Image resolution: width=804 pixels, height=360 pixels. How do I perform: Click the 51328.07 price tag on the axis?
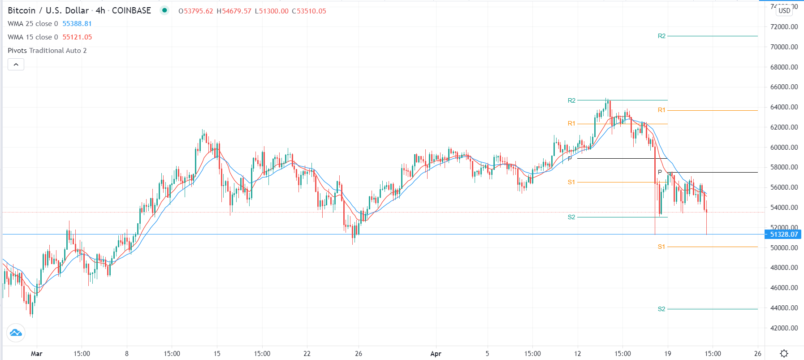(x=783, y=234)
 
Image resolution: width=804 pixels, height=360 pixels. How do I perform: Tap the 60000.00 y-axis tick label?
(x=784, y=147)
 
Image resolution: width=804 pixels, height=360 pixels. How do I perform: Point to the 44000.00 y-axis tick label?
(x=784, y=308)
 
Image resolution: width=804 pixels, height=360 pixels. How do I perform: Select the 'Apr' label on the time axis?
(x=436, y=353)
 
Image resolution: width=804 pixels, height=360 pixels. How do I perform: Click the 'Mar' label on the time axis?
(x=37, y=353)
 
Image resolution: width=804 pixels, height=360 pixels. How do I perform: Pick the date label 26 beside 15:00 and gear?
(x=757, y=353)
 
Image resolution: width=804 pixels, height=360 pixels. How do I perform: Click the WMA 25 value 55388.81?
(x=77, y=24)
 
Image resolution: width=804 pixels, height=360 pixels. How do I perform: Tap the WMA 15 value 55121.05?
(x=77, y=37)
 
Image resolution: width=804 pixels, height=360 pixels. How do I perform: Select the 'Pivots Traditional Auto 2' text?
(x=47, y=51)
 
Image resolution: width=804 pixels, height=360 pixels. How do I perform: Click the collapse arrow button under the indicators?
(x=16, y=65)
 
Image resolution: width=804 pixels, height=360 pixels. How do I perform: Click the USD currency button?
(x=784, y=10)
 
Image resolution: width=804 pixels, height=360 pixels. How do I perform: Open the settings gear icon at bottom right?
(x=784, y=353)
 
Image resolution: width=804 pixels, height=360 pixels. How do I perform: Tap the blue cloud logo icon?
(x=16, y=333)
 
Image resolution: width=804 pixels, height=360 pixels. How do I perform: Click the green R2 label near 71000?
(x=661, y=36)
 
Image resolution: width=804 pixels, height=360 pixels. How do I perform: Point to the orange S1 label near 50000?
(x=661, y=247)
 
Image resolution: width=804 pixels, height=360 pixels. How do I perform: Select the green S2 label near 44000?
(x=661, y=309)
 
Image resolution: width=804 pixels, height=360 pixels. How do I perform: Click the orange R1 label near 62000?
(x=571, y=123)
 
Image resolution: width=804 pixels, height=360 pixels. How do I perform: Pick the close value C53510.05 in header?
(x=309, y=11)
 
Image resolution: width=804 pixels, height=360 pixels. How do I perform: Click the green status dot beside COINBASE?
(x=164, y=10)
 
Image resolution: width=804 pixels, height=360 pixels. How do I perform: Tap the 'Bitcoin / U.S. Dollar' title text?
(x=48, y=10)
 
